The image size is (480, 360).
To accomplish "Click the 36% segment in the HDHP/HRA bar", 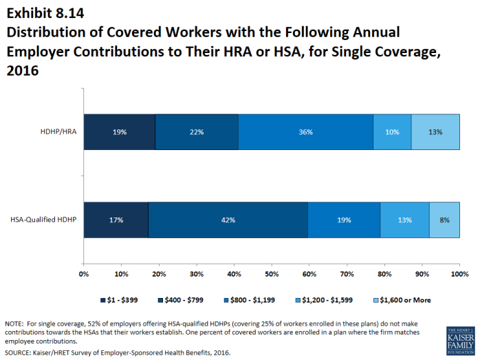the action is [x=305, y=132].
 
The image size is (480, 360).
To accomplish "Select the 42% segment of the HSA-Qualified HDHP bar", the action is [x=228, y=220].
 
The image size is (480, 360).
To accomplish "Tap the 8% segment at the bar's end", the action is [x=444, y=220].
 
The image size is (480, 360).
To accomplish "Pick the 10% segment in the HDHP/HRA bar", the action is [x=392, y=132].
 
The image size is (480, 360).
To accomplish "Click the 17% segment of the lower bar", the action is [x=116, y=220].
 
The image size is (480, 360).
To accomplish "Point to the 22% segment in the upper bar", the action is [x=197, y=132].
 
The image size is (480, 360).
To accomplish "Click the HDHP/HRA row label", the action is [x=58, y=131].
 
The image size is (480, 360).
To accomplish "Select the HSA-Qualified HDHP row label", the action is [x=43, y=220].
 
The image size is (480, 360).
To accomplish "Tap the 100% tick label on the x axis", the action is [x=460, y=274].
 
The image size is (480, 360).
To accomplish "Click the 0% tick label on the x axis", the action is [x=84, y=274].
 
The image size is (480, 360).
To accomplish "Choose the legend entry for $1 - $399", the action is [x=119, y=300].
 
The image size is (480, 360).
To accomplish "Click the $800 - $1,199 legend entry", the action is [x=250, y=300].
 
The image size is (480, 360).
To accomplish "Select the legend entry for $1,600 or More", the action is [x=402, y=300].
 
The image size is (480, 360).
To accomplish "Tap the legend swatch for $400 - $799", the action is [x=160, y=300].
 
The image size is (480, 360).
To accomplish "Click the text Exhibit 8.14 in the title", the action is [x=45, y=13].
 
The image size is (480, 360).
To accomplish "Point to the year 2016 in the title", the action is [x=23, y=70].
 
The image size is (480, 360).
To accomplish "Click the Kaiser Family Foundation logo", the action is [x=461, y=341].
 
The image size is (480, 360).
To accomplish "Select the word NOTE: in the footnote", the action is [x=14, y=324].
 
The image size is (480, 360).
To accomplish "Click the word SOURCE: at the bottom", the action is [x=18, y=352].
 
